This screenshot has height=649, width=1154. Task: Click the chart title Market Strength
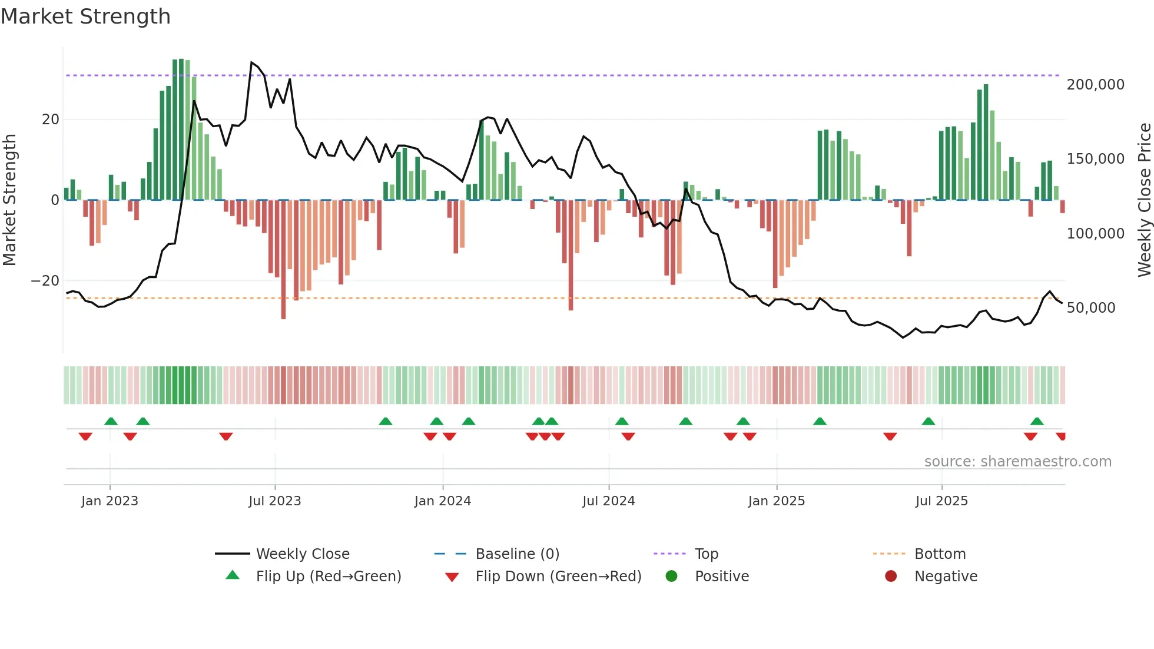click(x=86, y=16)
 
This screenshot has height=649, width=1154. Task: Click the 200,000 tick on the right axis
click(x=1095, y=85)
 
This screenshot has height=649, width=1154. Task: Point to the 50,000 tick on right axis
click(x=1090, y=308)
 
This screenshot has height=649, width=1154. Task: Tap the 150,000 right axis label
click(x=1095, y=159)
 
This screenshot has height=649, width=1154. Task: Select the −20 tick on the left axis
click(x=45, y=281)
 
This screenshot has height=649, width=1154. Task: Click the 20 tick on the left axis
click(x=51, y=120)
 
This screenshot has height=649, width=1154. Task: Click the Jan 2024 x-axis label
click(x=442, y=501)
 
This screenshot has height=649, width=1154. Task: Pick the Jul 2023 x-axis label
click(x=274, y=501)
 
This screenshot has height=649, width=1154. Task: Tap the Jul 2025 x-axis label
click(x=941, y=501)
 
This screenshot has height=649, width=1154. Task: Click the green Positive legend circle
click(x=671, y=576)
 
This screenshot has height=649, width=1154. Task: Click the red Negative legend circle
click(x=891, y=576)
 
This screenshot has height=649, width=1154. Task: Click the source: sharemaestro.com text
click(x=1017, y=462)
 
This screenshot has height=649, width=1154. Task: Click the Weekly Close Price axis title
click(x=1144, y=200)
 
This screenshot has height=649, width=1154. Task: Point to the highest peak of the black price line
click(x=252, y=62)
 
